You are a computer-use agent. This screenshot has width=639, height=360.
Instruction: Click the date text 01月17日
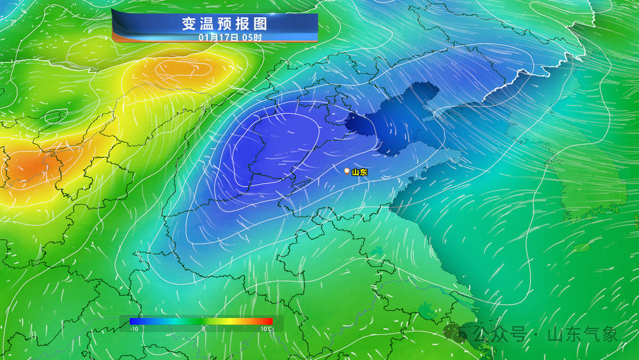coord(219,37)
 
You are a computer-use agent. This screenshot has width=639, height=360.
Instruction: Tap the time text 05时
coord(252,37)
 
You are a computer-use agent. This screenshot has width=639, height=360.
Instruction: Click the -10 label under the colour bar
coord(134,329)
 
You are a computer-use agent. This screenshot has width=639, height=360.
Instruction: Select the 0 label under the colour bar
coord(203,329)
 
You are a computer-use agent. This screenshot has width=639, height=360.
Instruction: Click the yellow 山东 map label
coord(360,172)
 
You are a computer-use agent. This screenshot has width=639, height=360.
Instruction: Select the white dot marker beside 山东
coord(346,171)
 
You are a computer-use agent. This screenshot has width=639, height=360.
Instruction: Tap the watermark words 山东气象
coord(583,334)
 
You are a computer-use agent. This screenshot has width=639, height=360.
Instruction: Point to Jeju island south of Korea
coord(581,247)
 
